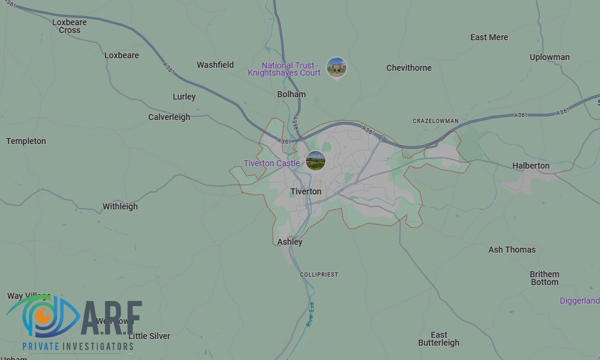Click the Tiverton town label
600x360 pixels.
pos(305,191)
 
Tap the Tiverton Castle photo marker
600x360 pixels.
pos(316,160)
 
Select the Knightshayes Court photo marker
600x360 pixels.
pos(336,67)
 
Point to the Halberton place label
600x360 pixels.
pos(530,166)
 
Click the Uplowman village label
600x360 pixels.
pos(550,57)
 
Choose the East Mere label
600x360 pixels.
pos(489,37)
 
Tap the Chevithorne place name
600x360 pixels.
pos(409,68)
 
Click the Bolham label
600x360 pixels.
pos(292,94)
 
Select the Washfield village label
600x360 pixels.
pos(215,65)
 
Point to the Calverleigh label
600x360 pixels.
pos(169,117)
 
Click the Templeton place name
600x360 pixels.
pos(26,141)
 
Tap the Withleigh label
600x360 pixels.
pos(120,206)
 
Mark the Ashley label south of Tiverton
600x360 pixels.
pos(290,242)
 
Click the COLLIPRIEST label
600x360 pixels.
pos(319,274)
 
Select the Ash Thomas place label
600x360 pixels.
pos(512,250)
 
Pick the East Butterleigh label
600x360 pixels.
pos(439,339)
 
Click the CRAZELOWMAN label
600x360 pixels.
pos(436,121)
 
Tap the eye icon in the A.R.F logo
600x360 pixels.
pos(43,314)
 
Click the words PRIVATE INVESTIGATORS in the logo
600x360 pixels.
pos(78,346)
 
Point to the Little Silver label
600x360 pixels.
pos(149,336)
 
